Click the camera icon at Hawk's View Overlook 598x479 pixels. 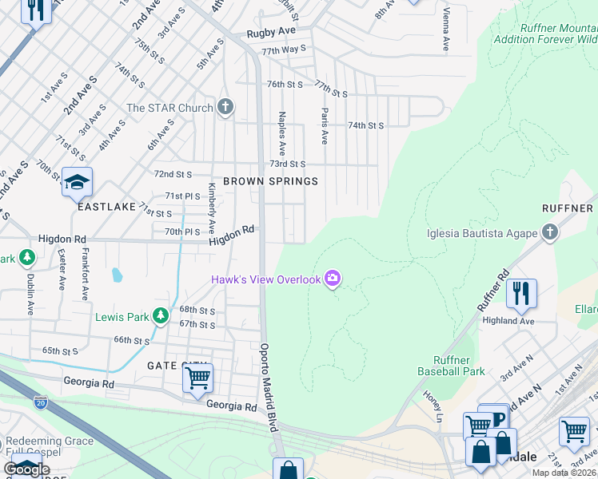coord(333,279)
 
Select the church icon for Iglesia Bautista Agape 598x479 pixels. coord(548,233)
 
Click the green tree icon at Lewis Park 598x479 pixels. coord(161,317)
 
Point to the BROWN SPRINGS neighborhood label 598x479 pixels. coord(270,181)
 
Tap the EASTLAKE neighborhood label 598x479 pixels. coord(107,206)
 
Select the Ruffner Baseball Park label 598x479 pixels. coord(451,366)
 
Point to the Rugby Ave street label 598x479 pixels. coord(271,32)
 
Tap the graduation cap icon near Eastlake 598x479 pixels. coord(77,183)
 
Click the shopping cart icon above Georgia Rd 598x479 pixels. coord(197,377)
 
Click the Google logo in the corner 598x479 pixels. coord(26,469)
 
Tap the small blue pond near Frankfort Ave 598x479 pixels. coord(118,276)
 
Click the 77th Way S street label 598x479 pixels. coord(284,49)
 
